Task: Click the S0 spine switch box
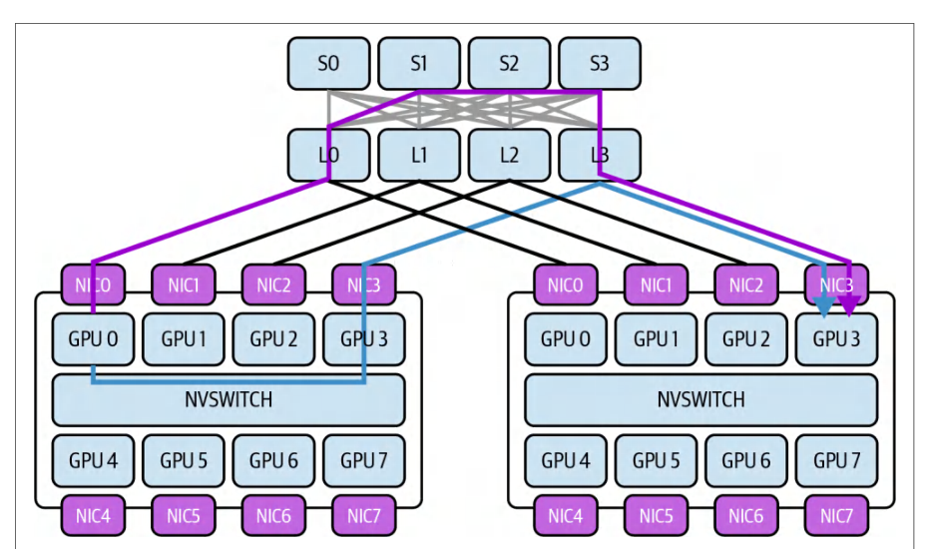coord(329,63)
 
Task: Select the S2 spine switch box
coord(510,63)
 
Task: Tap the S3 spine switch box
coord(600,63)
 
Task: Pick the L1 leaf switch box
coord(419,155)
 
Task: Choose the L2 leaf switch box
coord(510,155)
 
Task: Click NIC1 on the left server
coord(184,284)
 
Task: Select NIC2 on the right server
coord(746,284)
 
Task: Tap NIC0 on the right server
coord(566,284)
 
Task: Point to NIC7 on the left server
coord(364,516)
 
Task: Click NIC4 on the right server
coord(566,516)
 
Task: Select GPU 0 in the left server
coord(93,339)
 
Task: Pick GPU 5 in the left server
coord(184,461)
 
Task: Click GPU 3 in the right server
coord(837,339)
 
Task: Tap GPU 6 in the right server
coord(746,461)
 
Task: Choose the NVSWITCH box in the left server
coord(229,399)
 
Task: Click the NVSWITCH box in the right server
coord(701,399)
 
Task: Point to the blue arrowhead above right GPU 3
coord(824,307)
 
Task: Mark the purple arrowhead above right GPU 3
coord(850,307)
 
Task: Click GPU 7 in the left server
coord(364,461)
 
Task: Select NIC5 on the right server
coord(657,516)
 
